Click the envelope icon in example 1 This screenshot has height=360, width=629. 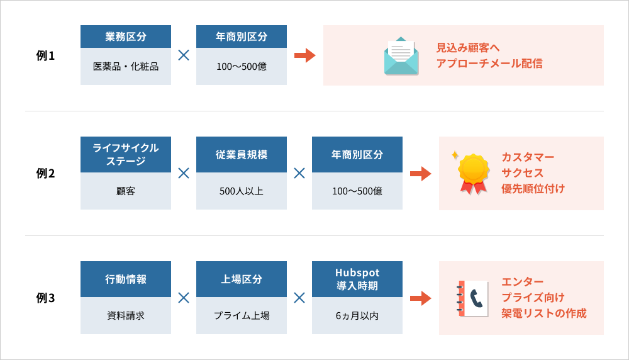point(401,56)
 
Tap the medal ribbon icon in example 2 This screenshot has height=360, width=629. point(472,173)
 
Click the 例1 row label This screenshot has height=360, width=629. point(45,55)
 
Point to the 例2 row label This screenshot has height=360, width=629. point(45,173)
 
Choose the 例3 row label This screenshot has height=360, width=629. point(45,298)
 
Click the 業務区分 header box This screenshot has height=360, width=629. point(126,37)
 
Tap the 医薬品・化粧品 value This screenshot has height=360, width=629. point(126,66)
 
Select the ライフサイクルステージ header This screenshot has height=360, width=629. point(126,155)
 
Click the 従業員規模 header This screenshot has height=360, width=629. point(242,155)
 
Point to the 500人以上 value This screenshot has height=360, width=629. point(242,191)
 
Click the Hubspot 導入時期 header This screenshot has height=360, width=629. point(357,279)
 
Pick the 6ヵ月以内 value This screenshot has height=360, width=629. point(357,316)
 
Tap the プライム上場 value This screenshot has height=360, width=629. point(242,316)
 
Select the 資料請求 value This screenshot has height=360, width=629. point(126,316)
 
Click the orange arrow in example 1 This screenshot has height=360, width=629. point(305,55)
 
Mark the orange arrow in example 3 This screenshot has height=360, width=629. point(420,298)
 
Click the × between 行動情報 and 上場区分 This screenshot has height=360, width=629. point(184,298)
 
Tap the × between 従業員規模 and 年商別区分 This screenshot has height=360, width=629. point(299,173)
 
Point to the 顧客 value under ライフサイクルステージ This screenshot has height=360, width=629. point(126,191)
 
